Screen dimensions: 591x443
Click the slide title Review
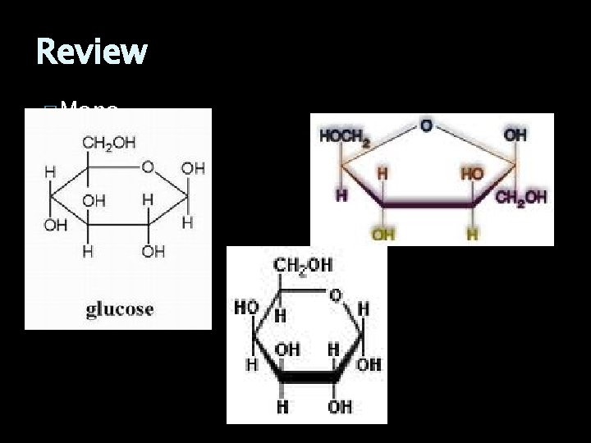pos(92,52)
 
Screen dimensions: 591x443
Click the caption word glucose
pos(120,309)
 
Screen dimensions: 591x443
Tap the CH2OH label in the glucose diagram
pos(108,143)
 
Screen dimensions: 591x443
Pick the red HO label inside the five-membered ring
pos(473,174)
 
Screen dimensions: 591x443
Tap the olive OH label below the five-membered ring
pos(383,235)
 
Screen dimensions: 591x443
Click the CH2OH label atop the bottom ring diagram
pos(303,266)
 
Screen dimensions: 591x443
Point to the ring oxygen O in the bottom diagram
pos(336,295)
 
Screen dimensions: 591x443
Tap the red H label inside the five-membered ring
pos(383,174)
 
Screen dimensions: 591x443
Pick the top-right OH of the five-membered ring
pos(515,135)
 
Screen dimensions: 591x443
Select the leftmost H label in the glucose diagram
pos(50,171)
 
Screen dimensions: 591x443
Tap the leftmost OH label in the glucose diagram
pos(56,225)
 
